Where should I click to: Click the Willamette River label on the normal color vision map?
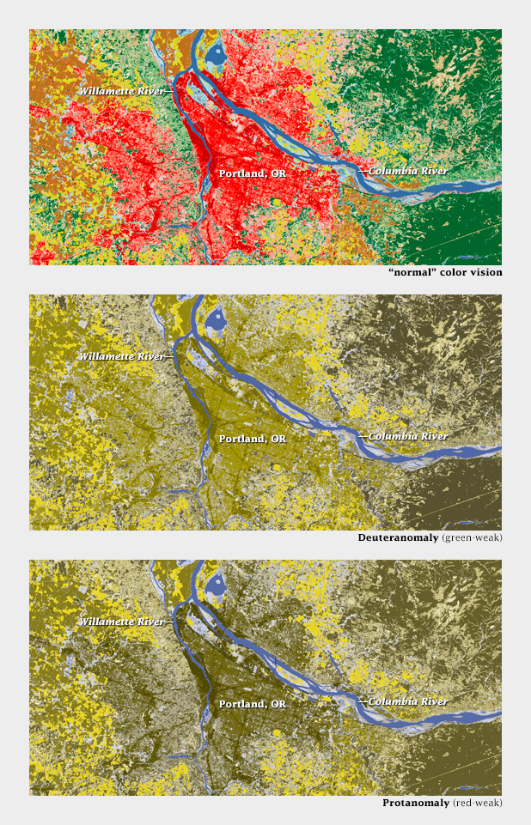pyautogui.click(x=122, y=90)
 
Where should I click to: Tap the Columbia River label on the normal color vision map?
pyautogui.click(x=407, y=171)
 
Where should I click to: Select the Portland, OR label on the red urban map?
pyautogui.click(x=253, y=173)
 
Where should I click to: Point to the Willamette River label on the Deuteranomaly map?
pyautogui.click(x=122, y=355)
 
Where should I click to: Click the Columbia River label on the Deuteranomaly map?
pyautogui.click(x=407, y=436)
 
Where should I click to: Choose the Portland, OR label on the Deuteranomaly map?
pyautogui.click(x=253, y=438)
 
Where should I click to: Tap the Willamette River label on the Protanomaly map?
pyautogui.click(x=122, y=621)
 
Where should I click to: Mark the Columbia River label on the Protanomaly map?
pyautogui.click(x=407, y=701)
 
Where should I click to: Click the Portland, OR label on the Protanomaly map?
pyautogui.click(x=253, y=703)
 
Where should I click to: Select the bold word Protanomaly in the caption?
pyautogui.click(x=416, y=804)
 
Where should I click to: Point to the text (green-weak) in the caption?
pyautogui.click(x=472, y=538)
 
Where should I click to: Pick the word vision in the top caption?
pyautogui.click(x=485, y=272)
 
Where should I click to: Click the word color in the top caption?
pyautogui.click(x=451, y=272)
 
